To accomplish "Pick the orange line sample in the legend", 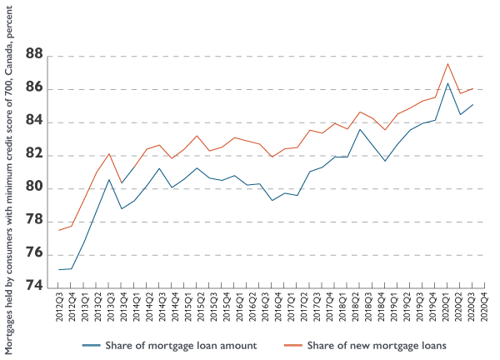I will click(x=292, y=344).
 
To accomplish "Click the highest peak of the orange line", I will click(x=448, y=63).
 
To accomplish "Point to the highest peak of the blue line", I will click(x=448, y=82).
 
